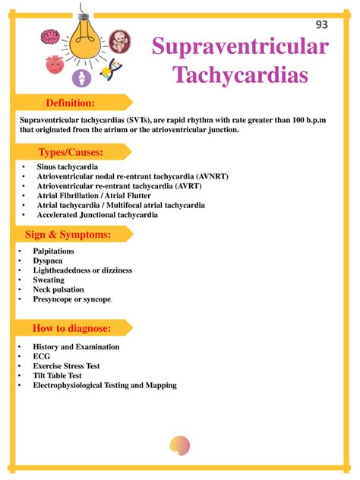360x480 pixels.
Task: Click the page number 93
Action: [322, 24]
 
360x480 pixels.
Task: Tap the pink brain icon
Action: [51, 37]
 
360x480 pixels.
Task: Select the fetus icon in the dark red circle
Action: [118, 41]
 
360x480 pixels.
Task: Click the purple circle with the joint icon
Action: [81, 77]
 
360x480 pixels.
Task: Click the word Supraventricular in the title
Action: [240, 46]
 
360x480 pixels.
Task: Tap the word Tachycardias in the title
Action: [241, 75]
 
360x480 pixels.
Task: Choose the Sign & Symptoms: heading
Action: [68, 235]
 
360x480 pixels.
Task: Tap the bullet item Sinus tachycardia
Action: [67, 166]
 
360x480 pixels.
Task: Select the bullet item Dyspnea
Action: [48, 261]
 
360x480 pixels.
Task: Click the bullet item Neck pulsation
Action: [58, 290]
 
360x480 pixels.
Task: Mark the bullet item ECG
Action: [41, 356]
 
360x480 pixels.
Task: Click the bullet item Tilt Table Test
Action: [57, 376]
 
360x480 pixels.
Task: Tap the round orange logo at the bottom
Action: [180, 446]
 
